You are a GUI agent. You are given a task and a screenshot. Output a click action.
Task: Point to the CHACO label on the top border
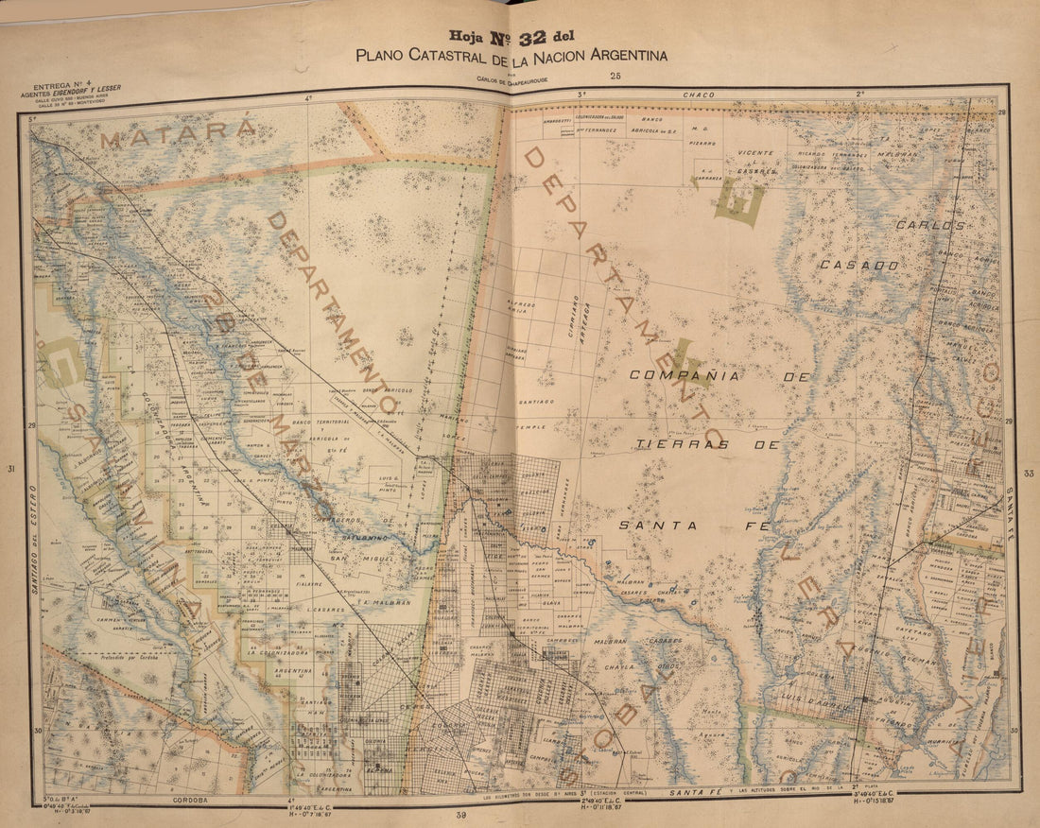click(696, 95)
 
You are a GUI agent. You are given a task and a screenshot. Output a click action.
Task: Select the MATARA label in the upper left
click(177, 134)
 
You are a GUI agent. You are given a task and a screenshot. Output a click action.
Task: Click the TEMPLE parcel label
click(532, 427)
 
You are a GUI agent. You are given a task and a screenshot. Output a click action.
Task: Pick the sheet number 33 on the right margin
click(1029, 473)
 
